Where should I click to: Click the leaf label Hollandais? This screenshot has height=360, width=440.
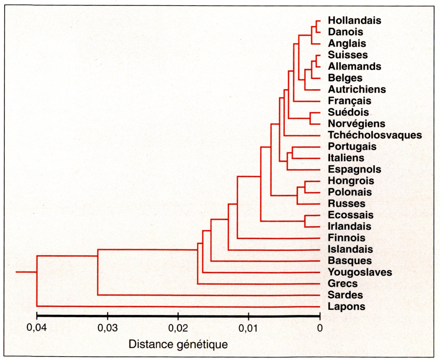click(x=354, y=21)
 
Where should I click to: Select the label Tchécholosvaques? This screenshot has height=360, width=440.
click(x=375, y=135)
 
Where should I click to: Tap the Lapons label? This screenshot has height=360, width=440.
click(x=346, y=307)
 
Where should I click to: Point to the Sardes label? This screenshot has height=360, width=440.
click(x=345, y=295)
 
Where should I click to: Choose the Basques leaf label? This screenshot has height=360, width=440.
click(x=350, y=261)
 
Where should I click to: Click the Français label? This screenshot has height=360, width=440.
click(x=349, y=101)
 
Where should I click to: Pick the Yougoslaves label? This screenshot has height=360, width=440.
click(x=360, y=272)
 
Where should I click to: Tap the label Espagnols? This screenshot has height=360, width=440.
click(x=354, y=169)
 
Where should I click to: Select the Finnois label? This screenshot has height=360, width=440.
click(x=346, y=238)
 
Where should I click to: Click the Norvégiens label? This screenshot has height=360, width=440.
click(x=356, y=124)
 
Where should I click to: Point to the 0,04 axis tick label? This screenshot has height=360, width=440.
click(x=37, y=327)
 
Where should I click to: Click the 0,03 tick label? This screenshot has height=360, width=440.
click(x=107, y=328)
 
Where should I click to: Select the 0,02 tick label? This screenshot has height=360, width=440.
click(x=178, y=328)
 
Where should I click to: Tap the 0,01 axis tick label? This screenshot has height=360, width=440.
click(x=248, y=328)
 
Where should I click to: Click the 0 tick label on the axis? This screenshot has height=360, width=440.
click(x=320, y=328)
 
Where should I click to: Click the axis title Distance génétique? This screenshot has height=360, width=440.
click(x=178, y=344)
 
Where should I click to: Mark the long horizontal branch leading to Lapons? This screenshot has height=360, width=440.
click(x=178, y=307)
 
